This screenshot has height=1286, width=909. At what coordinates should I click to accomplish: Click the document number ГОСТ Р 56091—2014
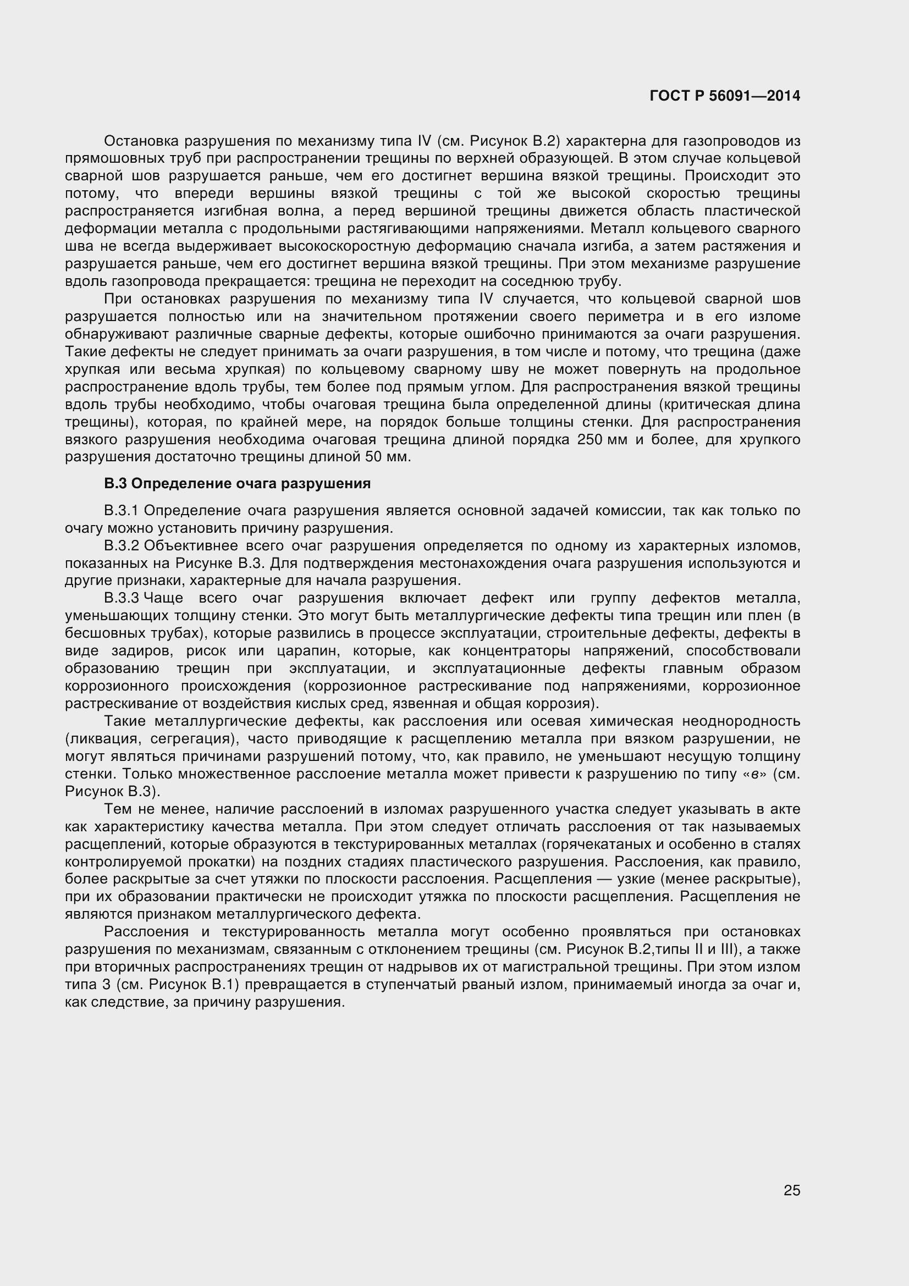(x=725, y=96)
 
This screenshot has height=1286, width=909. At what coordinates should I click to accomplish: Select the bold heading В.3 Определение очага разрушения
(x=238, y=483)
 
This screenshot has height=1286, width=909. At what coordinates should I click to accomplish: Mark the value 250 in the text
(x=590, y=440)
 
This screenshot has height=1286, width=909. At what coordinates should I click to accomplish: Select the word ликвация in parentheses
(x=103, y=739)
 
